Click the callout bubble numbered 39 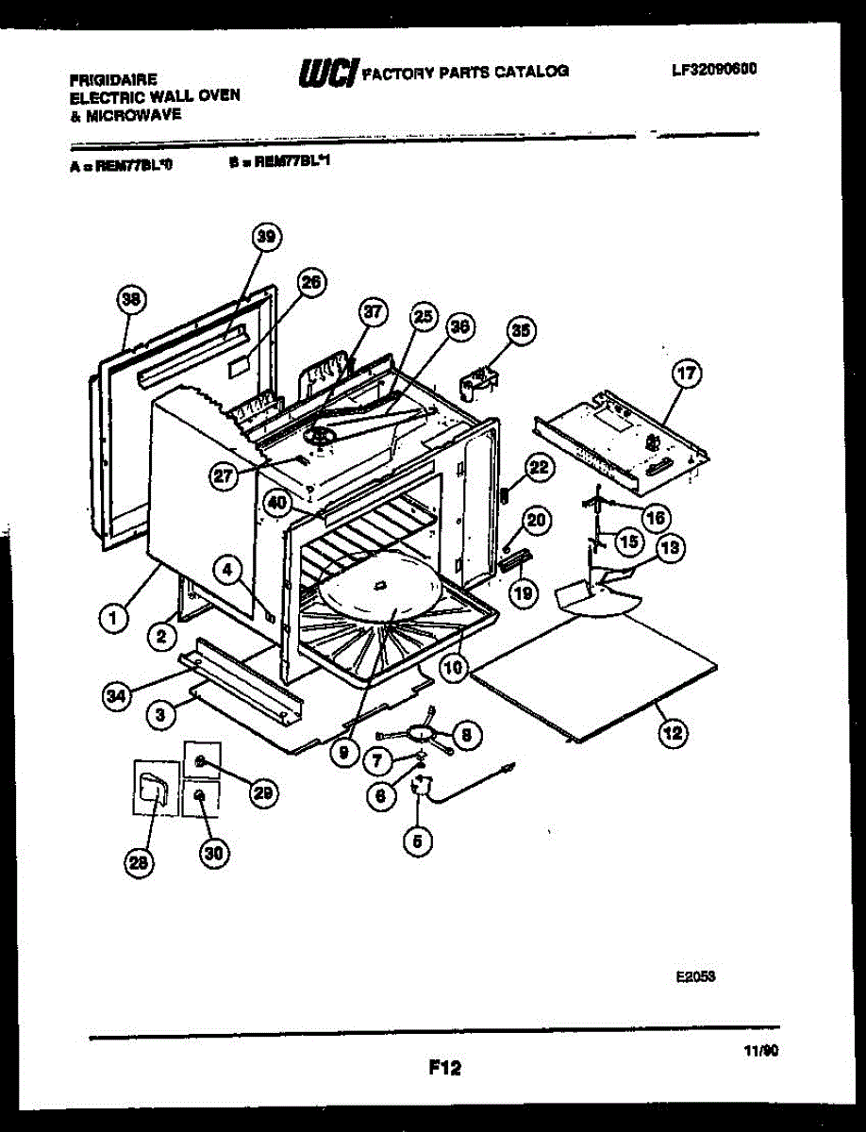(266, 238)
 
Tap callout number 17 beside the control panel (687, 375)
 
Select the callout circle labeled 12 (674, 732)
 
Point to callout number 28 (140, 861)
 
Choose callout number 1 (112, 620)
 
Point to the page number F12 (444, 1068)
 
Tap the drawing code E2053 (693, 979)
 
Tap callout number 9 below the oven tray (345, 754)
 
